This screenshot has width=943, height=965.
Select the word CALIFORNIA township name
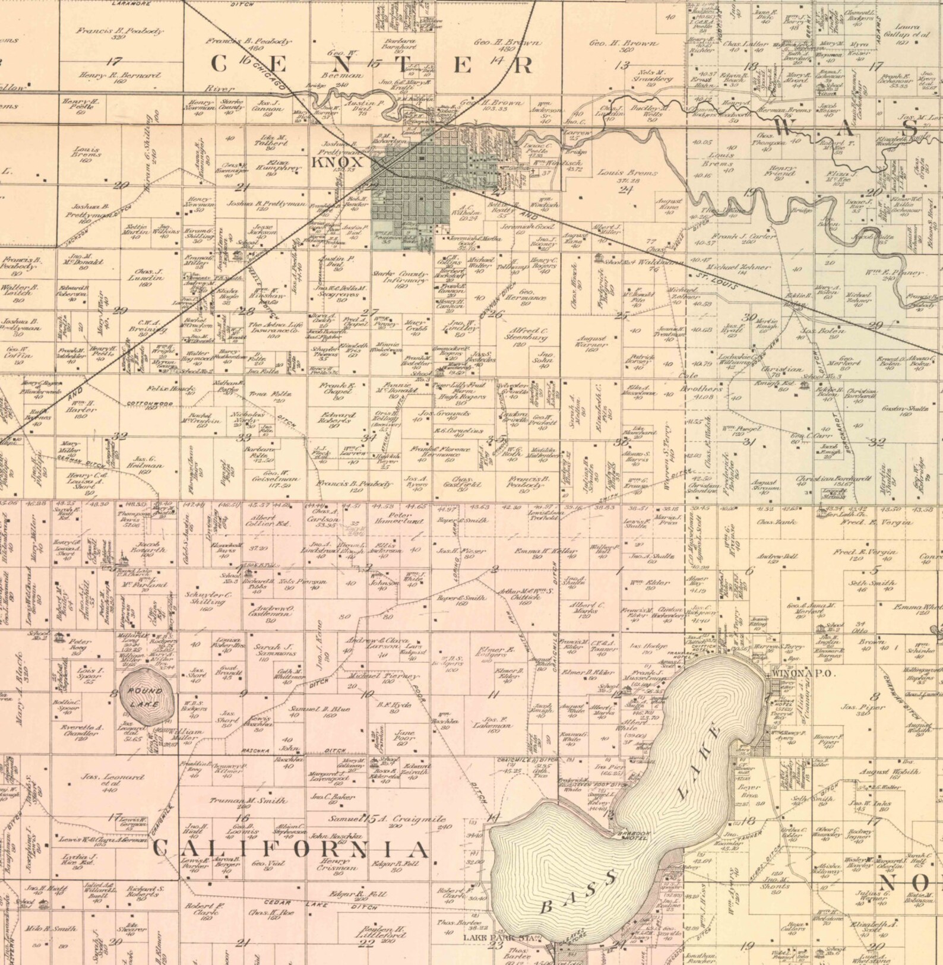click(x=290, y=849)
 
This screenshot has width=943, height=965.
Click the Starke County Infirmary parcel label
click(x=400, y=279)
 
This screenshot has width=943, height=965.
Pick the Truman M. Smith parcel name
click(x=248, y=802)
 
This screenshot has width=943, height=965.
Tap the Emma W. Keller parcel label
click(x=538, y=552)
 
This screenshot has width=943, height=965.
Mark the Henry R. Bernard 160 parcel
click(x=119, y=78)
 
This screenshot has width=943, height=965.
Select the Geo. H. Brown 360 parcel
click(x=624, y=46)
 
